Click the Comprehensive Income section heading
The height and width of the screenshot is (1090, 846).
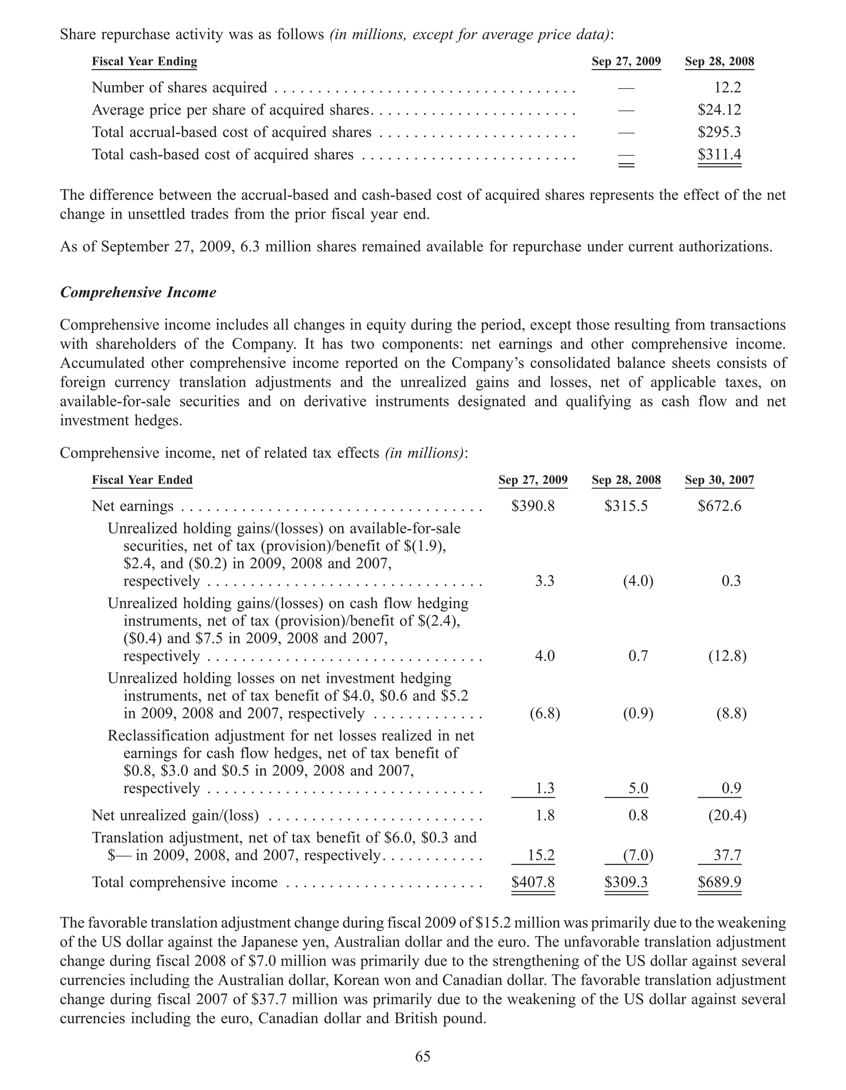138,293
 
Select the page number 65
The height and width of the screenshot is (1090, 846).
423,1056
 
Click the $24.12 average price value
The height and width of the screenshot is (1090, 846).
719,110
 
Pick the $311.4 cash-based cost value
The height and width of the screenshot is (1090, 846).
719,154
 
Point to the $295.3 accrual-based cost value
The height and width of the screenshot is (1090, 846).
719,132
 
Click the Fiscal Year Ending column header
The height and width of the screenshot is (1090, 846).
144,62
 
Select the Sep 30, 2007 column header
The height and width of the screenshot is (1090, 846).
719,480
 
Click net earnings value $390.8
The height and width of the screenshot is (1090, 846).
533,506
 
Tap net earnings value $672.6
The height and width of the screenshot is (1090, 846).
719,506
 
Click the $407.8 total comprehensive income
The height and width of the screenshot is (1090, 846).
533,883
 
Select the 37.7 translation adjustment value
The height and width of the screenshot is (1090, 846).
727,855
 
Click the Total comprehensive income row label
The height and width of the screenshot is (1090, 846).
185,883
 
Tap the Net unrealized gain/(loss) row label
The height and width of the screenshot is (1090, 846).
175,816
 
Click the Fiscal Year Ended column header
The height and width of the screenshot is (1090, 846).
142,480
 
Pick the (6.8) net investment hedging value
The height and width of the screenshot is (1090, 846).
545,713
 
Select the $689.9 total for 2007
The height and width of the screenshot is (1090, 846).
719,883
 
